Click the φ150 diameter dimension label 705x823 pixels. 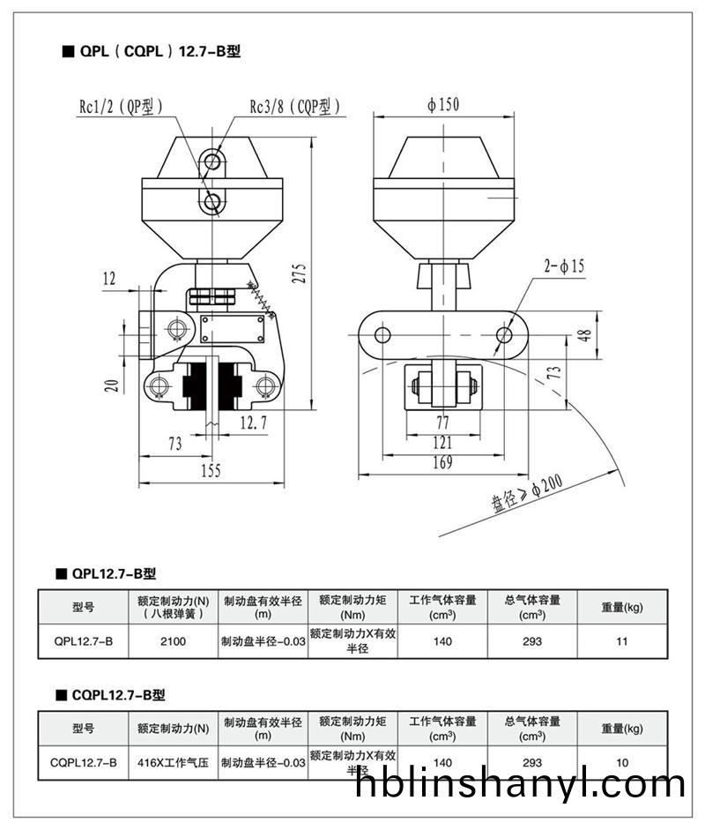coord(443,105)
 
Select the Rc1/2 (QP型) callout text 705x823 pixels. coord(121,107)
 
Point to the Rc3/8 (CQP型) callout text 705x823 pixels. coord(294,107)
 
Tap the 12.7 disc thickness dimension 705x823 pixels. coord(252,423)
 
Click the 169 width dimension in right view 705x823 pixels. coord(442,462)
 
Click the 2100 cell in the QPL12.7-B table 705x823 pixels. coord(173,641)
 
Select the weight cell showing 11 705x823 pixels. coord(622,641)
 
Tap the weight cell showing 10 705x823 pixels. coord(622,762)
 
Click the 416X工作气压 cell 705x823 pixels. coord(173,762)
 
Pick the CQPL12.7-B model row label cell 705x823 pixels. coord(84,762)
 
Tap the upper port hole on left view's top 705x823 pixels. coord(211,161)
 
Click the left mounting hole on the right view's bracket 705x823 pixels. coord(382,335)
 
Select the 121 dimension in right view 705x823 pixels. coord(442,443)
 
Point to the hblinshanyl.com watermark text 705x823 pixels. coord(521,783)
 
